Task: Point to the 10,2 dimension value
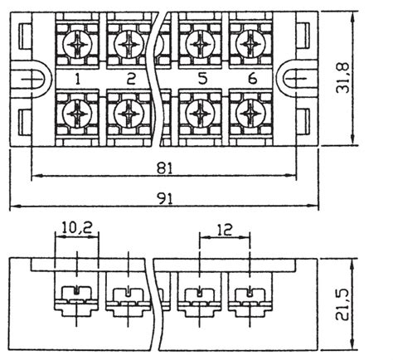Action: (x=76, y=226)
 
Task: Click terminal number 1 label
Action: (x=76, y=80)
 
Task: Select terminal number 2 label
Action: (x=131, y=80)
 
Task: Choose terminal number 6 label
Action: (x=252, y=80)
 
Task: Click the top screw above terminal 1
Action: (x=76, y=42)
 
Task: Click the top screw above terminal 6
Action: (x=252, y=42)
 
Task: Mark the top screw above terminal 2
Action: (x=131, y=42)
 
